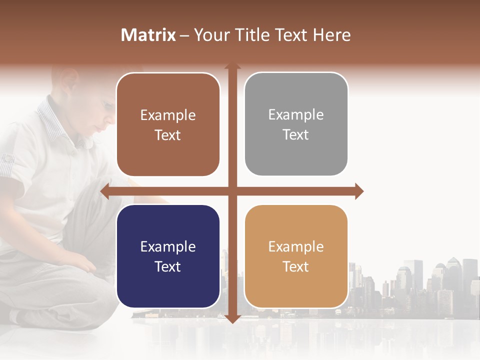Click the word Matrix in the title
tap(148, 35)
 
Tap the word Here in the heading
tap(331, 35)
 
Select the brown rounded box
tap(168, 125)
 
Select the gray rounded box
tap(296, 124)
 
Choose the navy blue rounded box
tap(168, 256)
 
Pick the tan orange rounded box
tap(296, 256)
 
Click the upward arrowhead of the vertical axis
tap(232, 66)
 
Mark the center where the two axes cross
tap(232, 191)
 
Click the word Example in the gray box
tap(296, 115)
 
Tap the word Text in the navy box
tap(168, 266)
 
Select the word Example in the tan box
tap(296, 246)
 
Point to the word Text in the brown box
tap(168, 135)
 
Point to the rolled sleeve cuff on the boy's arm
tap(9, 165)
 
